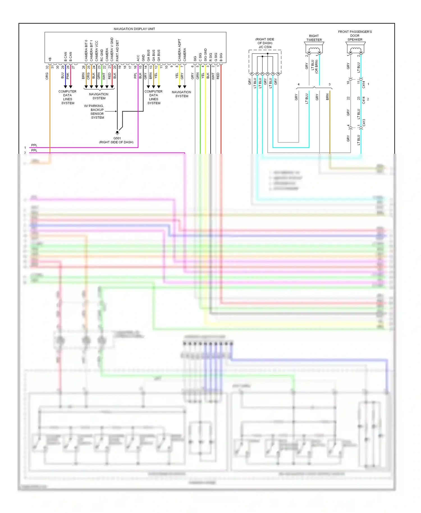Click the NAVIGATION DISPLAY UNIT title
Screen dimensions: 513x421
134,29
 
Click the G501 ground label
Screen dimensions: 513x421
117,138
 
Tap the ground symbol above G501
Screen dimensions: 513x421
117,132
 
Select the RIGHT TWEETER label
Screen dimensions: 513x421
314,38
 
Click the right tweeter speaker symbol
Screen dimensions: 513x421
314,50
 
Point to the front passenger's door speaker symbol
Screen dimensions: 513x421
355,50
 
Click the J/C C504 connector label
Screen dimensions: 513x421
265,47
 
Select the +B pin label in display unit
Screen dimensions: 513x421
50,59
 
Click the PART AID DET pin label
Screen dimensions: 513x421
117,51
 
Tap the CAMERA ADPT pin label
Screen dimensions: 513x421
179,50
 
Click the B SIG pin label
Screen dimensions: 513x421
221,57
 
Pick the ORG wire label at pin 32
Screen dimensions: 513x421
47,76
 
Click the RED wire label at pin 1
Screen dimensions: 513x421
218,76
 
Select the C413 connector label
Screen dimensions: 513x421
364,123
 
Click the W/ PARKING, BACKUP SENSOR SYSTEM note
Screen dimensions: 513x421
97,112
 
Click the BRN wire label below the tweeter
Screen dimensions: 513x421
327,97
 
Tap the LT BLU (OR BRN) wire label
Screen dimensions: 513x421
314,67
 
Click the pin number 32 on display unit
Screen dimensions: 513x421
47,67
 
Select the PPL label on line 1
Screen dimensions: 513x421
34,145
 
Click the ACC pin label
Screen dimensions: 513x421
138,58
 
